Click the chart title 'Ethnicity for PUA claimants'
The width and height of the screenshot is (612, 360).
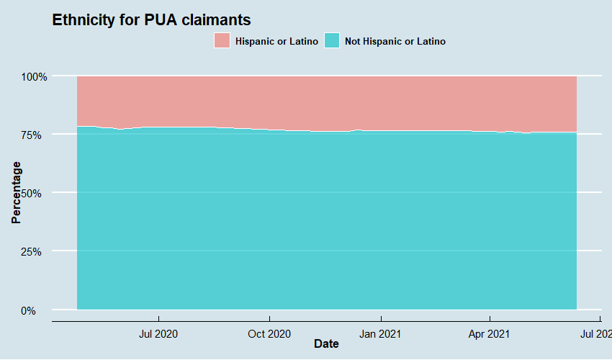coord(151,20)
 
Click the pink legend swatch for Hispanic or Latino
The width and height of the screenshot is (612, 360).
coord(222,41)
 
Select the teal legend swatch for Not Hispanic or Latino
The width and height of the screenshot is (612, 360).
coord(332,41)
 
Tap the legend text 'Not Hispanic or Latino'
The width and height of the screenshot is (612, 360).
coord(395,42)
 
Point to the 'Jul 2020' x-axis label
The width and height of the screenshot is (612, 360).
coord(158,333)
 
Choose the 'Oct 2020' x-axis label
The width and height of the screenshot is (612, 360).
coord(269,333)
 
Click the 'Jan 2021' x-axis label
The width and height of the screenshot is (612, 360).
coord(380,333)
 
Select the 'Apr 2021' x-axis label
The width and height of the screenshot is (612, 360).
coord(490,333)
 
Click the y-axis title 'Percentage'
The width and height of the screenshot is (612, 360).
coord(17,193)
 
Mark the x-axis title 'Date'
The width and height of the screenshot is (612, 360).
coord(326,344)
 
